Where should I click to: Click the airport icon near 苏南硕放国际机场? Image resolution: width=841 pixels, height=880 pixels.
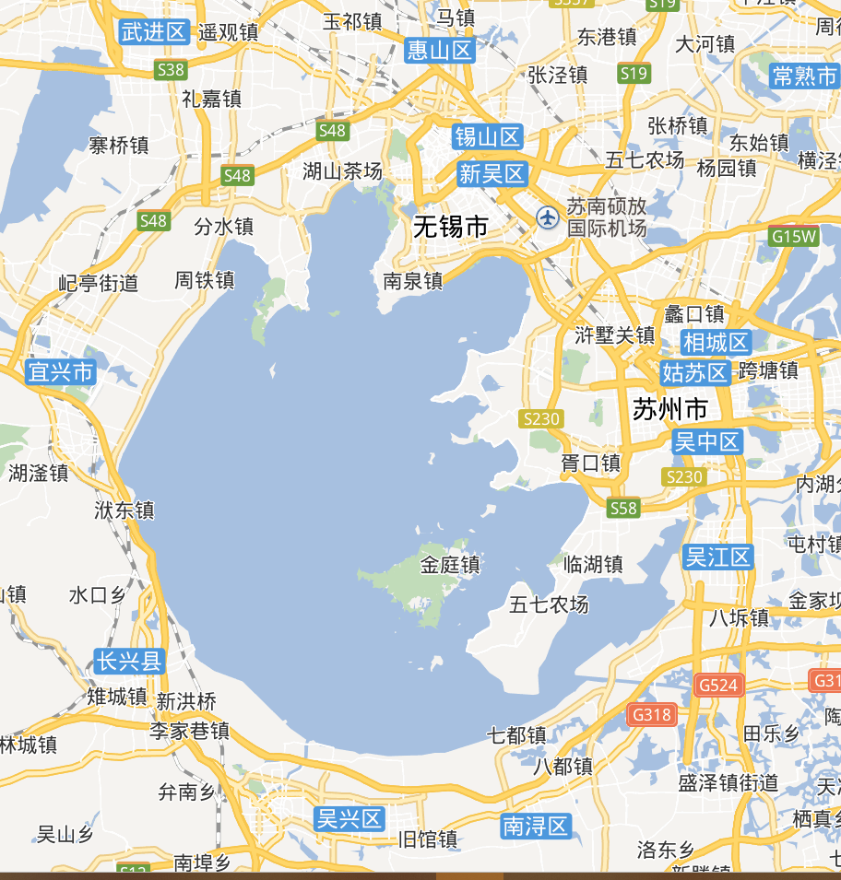[548, 218]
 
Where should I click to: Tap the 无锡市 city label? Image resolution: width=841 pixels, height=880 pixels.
[450, 226]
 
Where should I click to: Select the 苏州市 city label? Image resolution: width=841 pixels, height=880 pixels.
[670, 408]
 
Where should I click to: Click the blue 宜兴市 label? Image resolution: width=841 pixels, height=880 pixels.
[61, 372]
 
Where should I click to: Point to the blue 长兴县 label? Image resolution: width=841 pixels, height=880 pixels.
[129, 661]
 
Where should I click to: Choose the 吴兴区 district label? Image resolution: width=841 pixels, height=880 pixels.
[349, 818]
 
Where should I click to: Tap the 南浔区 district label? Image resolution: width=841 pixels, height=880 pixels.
[536, 826]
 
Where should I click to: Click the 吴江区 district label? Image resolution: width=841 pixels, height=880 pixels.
[718, 557]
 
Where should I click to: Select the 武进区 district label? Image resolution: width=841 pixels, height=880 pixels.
[154, 32]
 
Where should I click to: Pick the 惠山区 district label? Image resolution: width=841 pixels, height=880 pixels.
[440, 50]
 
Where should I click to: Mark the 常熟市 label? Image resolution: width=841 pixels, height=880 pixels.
[804, 76]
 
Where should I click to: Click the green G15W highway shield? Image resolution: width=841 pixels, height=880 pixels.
[794, 236]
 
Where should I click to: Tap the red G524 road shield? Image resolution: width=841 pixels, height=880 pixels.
[718, 685]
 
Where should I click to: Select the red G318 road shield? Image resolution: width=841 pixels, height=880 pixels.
[652, 713]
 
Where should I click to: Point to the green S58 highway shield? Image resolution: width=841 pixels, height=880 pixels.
[623, 508]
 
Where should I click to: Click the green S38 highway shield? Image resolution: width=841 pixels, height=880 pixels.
[171, 69]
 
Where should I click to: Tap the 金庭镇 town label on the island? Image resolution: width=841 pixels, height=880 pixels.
[450, 564]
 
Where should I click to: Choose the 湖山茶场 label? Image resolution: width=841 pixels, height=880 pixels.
[342, 170]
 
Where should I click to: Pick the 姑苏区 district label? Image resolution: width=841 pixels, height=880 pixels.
[694, 372]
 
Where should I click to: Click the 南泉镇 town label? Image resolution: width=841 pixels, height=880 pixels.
[413, 280]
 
